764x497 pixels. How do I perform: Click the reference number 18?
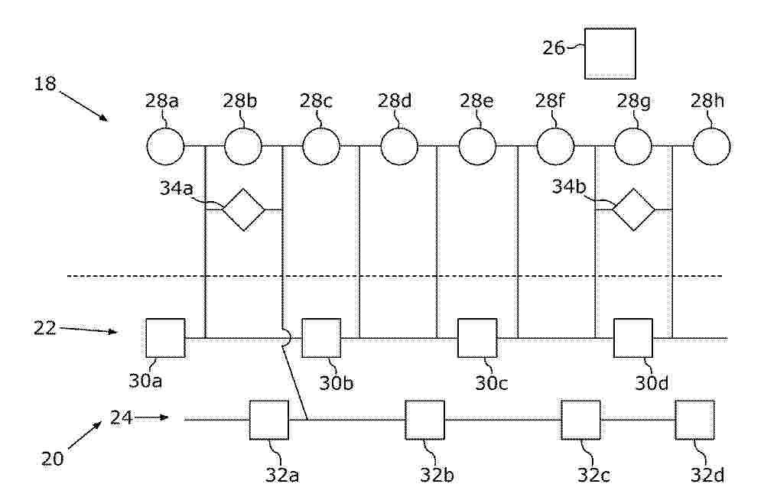pyautogui.click(x=45, y=84)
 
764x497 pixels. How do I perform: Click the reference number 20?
pyautogui.click(x=52, y=459)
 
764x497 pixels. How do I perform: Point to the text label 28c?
pyautogui.click(x=316, y=101)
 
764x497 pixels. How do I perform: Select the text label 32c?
pyautogui.click(x=594, y=475)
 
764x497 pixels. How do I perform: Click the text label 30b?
pyautogui.click(x=336, y=384)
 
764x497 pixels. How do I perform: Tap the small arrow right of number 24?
pyautogui.click(x=151, y=417)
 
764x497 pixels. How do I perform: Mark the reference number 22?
pyautogui.click(x=45, y=328)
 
